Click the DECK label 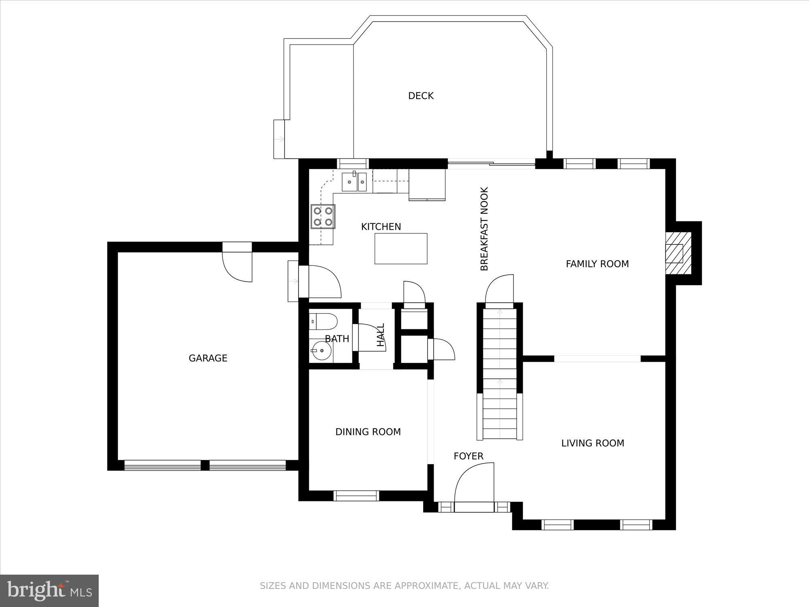421,96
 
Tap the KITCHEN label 381,227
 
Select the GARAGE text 208,358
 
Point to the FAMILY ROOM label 597,264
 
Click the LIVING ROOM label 593,443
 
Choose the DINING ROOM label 368,432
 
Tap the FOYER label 468,456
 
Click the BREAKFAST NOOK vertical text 484,229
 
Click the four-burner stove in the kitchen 323,216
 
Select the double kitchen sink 354,182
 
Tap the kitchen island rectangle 401,248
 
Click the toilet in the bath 325,321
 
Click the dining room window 356,496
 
